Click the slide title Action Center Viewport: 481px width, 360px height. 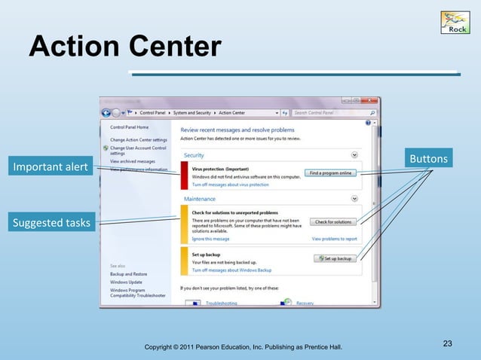click(x=124, y=47)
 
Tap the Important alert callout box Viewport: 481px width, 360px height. click(x=48, y=166)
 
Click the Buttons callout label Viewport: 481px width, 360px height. click(x=427, y=158)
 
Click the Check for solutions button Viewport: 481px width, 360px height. click(x=332, y=221)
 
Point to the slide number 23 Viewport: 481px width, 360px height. click(x=447, y=344)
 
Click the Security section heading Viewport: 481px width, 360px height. click(x=194, y=155)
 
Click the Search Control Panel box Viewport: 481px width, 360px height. click(x=324, y=113)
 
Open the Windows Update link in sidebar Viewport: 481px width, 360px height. click(x=126, y=282)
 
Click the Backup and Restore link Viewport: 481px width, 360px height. click(x=129, y=274)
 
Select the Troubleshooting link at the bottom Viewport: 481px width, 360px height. click(x=222, y=303)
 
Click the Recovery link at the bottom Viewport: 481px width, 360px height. click(x=305, y=303)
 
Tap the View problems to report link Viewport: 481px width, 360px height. click(x=334, y=238)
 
